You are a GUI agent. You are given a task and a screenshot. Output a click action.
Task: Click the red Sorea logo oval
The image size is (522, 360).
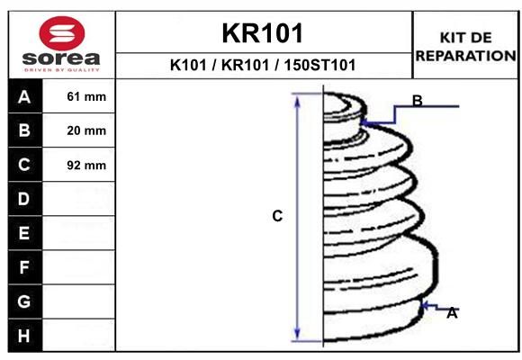tap(62, 33)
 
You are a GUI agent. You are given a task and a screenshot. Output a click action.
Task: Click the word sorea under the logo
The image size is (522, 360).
tap(61, 58)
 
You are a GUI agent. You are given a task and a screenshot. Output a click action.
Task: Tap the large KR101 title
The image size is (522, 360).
tap(263, 33)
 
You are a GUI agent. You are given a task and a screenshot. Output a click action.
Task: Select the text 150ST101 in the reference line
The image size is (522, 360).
tap(319, 65)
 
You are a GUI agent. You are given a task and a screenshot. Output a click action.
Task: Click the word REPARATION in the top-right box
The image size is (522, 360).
tap(466, 56)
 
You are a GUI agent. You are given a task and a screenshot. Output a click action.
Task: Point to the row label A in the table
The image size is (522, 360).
tap(24, 97)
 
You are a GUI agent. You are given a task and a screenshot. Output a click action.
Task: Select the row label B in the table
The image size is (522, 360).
tap(24, 130)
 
